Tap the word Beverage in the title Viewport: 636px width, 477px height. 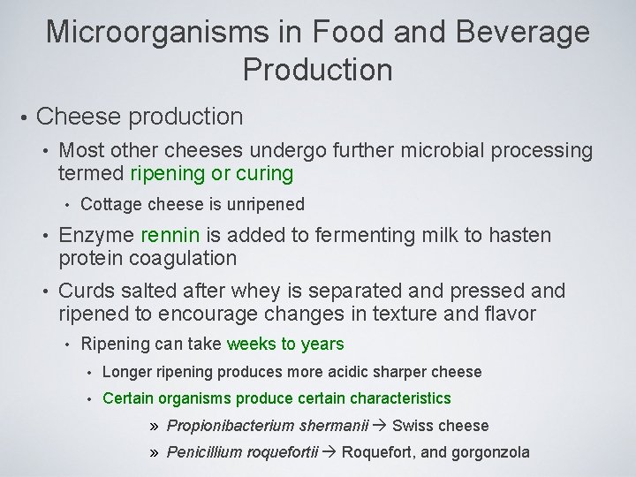coord(521,32)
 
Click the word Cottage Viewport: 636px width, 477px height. coord(107,205)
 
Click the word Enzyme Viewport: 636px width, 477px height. coord(96,236)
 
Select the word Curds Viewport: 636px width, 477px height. coord(86,291)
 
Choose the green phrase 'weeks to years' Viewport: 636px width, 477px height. coord(285,344)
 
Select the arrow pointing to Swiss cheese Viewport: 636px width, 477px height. coord(381,426)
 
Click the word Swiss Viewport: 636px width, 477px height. coord(411,426)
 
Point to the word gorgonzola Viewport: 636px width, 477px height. coord(489,453)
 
